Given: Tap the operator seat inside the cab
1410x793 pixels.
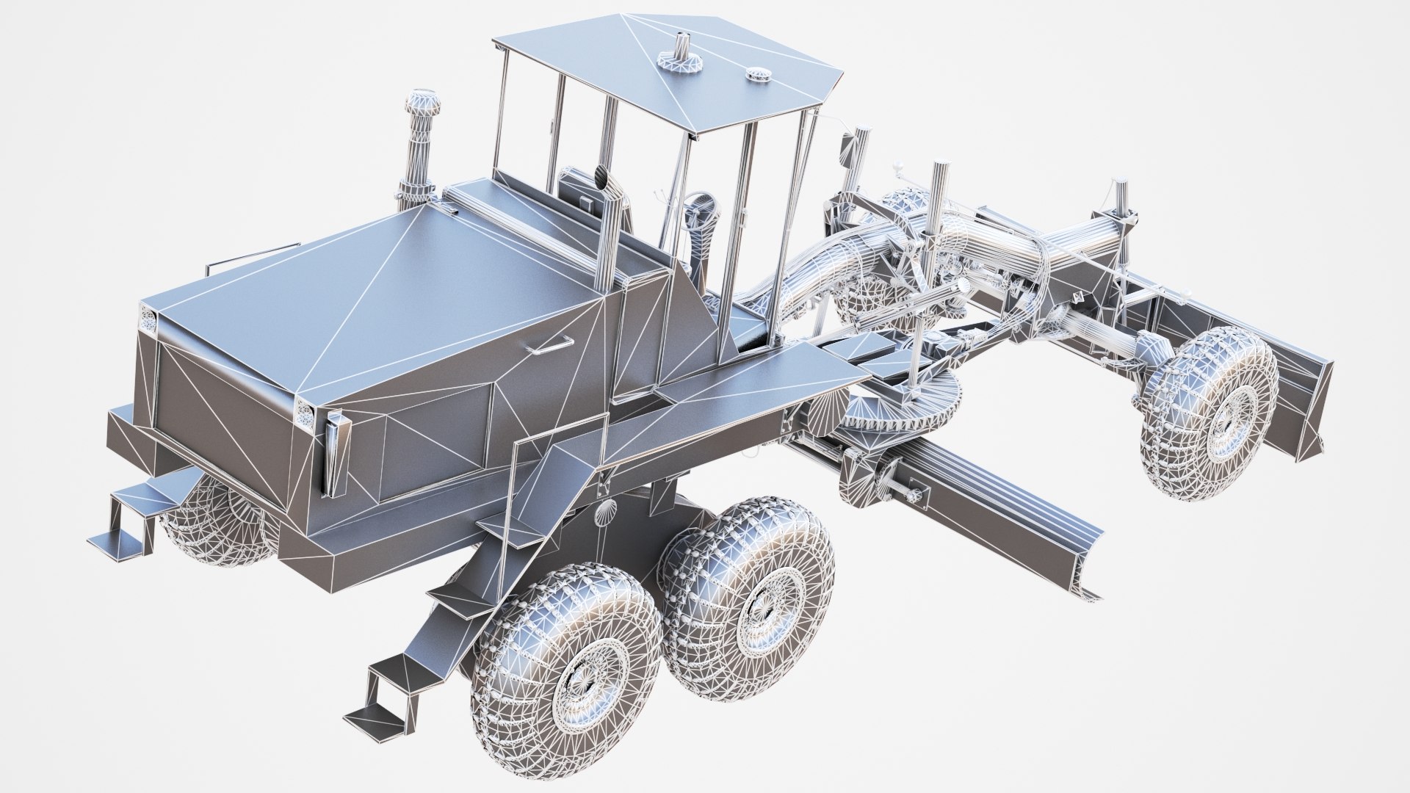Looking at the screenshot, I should pos(580,189).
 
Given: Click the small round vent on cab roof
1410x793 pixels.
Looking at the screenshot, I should pos(754,73).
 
